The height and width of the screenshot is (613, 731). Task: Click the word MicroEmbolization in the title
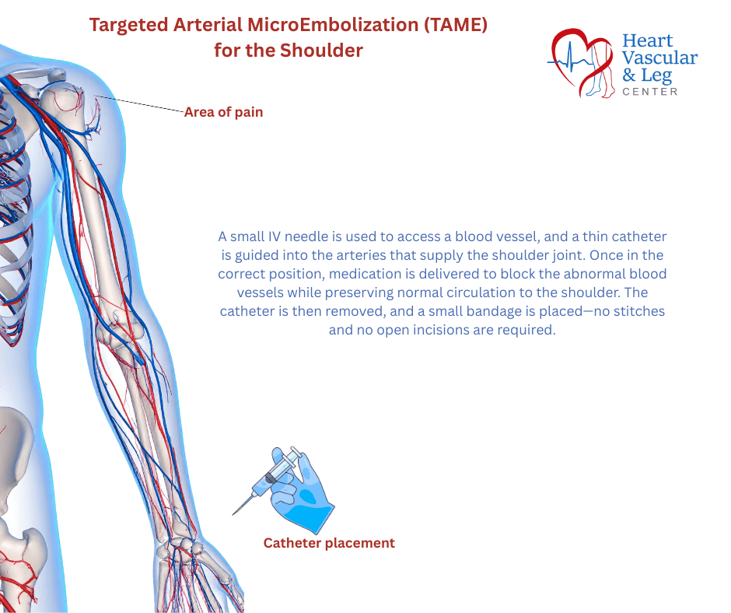point(332,25)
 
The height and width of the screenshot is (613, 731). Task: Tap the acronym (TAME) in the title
point(456,25)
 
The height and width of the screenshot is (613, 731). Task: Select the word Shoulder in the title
point(321,51)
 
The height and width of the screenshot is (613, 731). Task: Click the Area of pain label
point(223,112)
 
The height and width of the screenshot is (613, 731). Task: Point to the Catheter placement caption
point(329,543)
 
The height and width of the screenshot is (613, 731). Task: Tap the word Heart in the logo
point(648,40)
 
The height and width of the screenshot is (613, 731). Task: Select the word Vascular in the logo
point(659,58)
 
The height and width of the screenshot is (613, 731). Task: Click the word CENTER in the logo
point(650,92)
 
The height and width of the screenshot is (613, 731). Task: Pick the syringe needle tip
point(233,514)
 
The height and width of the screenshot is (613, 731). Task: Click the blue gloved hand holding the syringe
point(303,495)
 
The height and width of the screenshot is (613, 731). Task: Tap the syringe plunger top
point(296,450)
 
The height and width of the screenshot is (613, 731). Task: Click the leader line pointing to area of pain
point(139,104)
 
